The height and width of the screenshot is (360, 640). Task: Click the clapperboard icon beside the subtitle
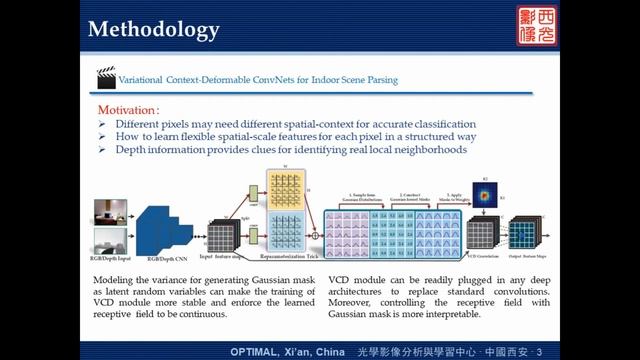[x=105, y=76]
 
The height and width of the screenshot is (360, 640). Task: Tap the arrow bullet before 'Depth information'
[x=104, y=149]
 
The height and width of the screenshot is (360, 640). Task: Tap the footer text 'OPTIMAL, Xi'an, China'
[x=285, y=352]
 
